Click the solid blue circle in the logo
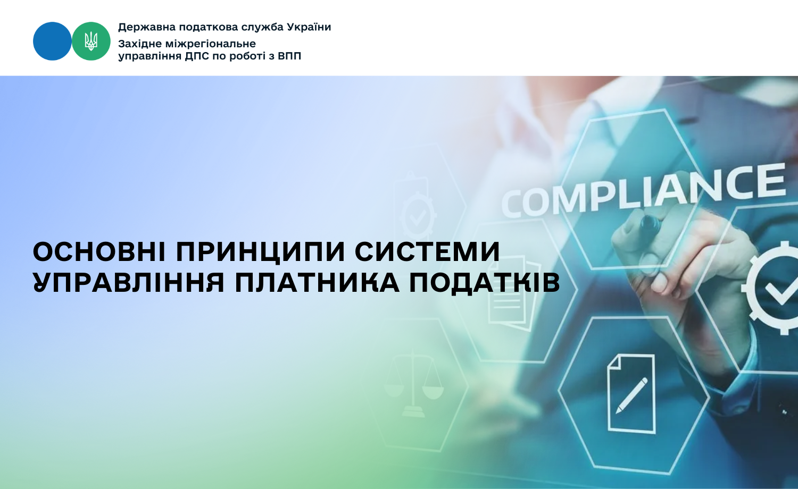(52, 41)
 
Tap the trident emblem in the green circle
(91, 41)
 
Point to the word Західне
(139, 44)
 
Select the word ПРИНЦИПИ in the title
(261, 252)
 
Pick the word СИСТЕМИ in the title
(428, 252)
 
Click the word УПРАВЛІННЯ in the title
(129, 283)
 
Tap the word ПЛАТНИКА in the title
(317, 283)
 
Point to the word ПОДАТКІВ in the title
(485, 284)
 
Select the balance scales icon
(413, 383)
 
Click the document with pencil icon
(631, 394)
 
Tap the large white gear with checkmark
(773, 288)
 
